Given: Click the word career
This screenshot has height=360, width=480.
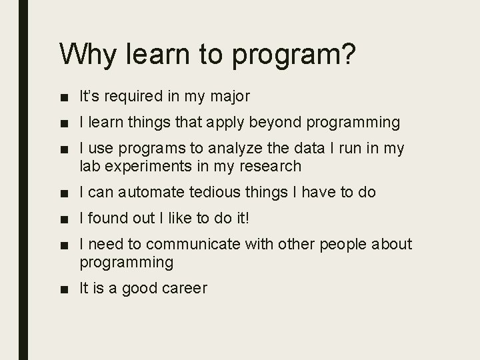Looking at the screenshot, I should [x=185, y=289].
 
